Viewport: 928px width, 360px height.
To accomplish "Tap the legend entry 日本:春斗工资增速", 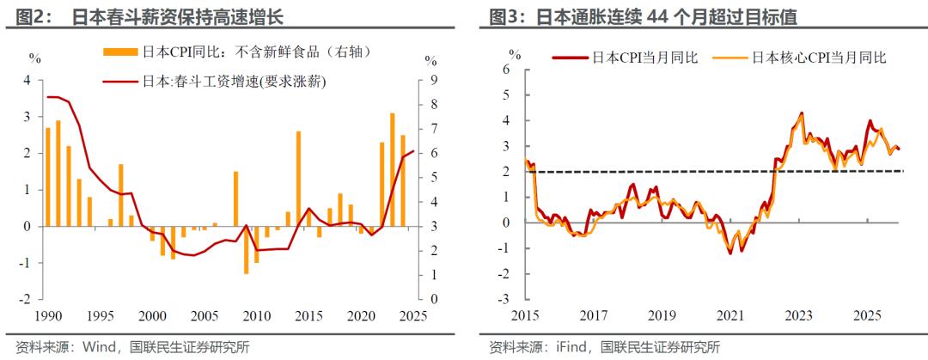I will point(228,82).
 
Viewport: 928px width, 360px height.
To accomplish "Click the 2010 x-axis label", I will point(256,314).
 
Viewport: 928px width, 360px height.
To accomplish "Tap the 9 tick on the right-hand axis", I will point(434,79).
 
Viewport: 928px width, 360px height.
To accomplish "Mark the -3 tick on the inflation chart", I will point(505,300).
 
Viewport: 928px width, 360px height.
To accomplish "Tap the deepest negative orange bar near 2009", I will point(246,250).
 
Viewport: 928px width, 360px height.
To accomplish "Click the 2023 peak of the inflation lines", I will point(801,113).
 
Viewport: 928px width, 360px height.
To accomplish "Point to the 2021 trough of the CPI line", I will point(730,252).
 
